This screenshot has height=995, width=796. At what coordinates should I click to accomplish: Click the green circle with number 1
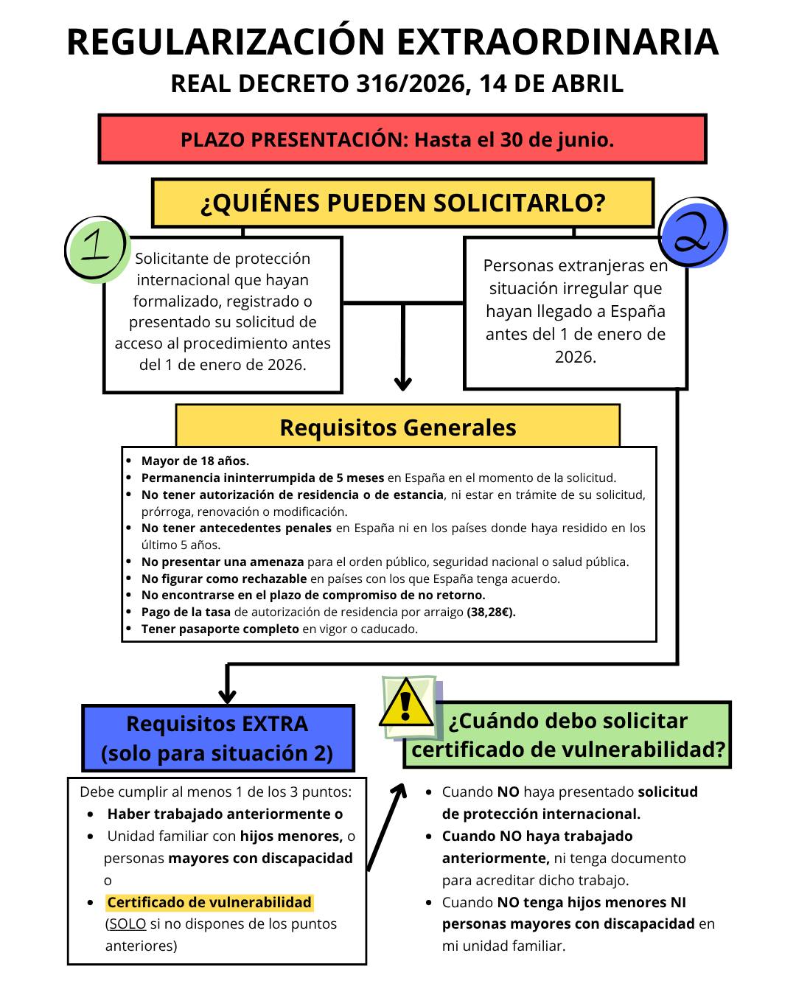pos(97,249)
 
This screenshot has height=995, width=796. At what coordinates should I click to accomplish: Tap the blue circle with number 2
pos(693,232)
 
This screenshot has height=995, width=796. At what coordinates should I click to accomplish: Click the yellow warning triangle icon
pos(405,703)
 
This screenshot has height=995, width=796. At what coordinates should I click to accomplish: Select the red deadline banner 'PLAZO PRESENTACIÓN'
pos(402,139)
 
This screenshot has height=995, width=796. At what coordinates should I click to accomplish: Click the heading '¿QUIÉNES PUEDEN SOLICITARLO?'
pos(402,203)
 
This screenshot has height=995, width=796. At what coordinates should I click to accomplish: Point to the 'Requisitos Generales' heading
pos(398,427)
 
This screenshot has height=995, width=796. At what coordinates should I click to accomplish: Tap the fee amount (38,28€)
pos(492,612)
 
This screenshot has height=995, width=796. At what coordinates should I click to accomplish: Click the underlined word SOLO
pos(128,924)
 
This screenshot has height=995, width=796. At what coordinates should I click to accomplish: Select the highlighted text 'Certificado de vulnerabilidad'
pos(209,902)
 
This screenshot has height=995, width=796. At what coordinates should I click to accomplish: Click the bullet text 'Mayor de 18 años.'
pos(195,461)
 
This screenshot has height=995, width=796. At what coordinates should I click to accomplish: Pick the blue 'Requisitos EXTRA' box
pos(217,738)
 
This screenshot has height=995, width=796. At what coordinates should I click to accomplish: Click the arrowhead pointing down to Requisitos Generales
pos(402,383)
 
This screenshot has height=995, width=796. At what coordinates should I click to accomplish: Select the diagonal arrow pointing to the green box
pos(386,825)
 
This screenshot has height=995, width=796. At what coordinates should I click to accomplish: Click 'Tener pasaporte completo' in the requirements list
pos(220,629)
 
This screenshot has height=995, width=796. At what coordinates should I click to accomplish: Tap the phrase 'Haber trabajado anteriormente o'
pos(225,814)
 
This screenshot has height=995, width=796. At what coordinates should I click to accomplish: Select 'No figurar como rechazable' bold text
pos(224,579)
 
